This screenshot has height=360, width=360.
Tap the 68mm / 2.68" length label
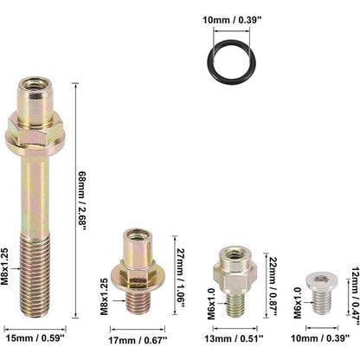[82, 201]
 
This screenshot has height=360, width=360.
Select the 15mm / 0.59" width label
[35, 338]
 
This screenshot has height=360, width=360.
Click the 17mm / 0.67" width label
[138, 340]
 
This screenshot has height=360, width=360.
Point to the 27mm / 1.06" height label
[181, 276]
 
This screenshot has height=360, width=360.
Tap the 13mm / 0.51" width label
[234, 338]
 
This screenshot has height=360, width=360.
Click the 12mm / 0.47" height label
[356, 292]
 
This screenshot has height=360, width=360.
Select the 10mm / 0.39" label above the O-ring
[232, 20]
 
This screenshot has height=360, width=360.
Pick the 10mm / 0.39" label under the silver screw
[320, 338]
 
